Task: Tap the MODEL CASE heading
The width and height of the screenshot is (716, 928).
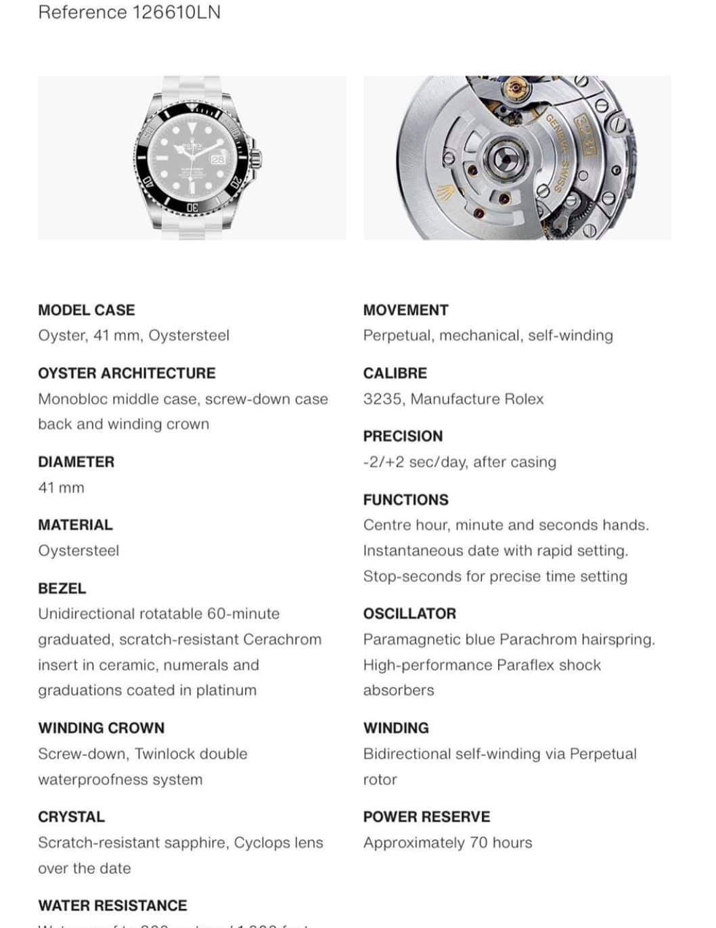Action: click(x=86, y=310)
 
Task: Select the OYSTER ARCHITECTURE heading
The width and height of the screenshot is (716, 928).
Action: click(x=127, y=373)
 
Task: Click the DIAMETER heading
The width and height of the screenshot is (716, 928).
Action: click(x=76, y=462)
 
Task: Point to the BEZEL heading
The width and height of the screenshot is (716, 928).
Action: click(x=62, y=588)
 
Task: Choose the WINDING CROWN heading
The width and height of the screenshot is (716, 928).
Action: click(x=101, y=728)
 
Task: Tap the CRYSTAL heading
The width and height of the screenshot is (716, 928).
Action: click(x=71, y=816)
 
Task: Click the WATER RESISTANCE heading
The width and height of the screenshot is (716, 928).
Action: click(x=112, y=905)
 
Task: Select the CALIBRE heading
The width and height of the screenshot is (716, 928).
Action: click(x=395, y=373)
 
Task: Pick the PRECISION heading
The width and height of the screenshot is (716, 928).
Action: click(x=403, y=436)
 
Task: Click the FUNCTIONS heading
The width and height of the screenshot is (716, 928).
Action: click(x=405, y=500)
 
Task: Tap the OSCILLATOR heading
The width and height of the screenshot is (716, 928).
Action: click(x=409, y=613)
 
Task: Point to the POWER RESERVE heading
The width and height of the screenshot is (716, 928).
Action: click(x=426, y=816)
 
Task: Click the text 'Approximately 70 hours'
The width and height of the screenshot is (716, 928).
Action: click(x=447, y=843)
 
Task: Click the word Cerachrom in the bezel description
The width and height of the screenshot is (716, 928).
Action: click(x=282, y=639)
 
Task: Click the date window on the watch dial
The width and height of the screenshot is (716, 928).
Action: click(x=218, y=160)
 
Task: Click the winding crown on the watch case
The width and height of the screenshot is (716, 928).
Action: click(x=256, y=158)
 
